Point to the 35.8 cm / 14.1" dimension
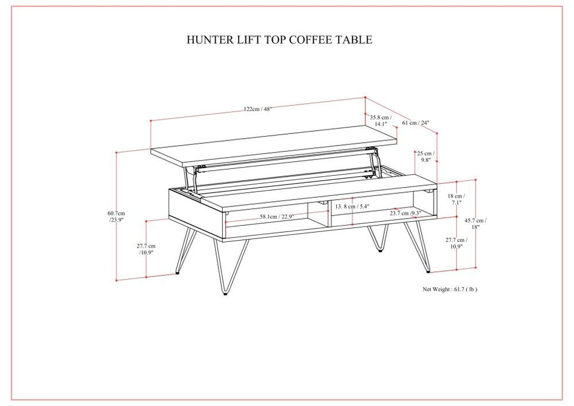tap(381, 120)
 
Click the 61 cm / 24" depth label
tap(416, 122)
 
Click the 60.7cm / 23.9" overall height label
tap(117, 217)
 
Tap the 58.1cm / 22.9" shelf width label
tap(277, 216)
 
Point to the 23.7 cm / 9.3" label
tap(405, 213)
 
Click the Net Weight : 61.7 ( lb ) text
tap(450, 289)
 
